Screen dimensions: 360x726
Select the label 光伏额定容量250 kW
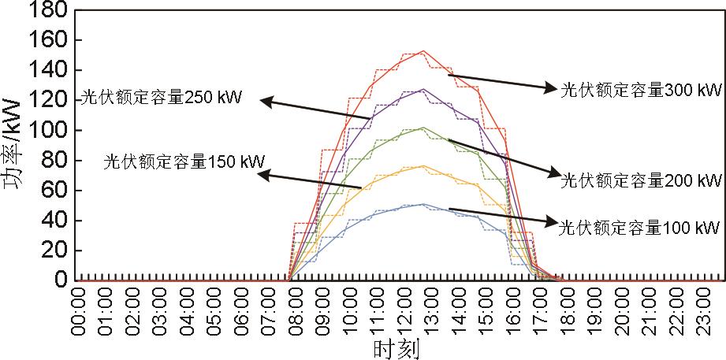[x=161, y=99]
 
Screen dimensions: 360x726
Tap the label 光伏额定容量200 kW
[x=640, y=180]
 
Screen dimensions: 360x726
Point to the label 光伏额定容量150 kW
[x=184, y=162]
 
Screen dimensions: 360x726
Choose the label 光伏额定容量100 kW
[x=639, y=228]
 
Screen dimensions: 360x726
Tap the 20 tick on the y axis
[x=54, y=251]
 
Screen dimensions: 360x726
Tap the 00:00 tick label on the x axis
[x=77, y=311]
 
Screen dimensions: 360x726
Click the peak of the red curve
[x=423, y=50]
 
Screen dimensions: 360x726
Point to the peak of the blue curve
[x=423, y=204]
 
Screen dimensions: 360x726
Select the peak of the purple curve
[x=423, y=89]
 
